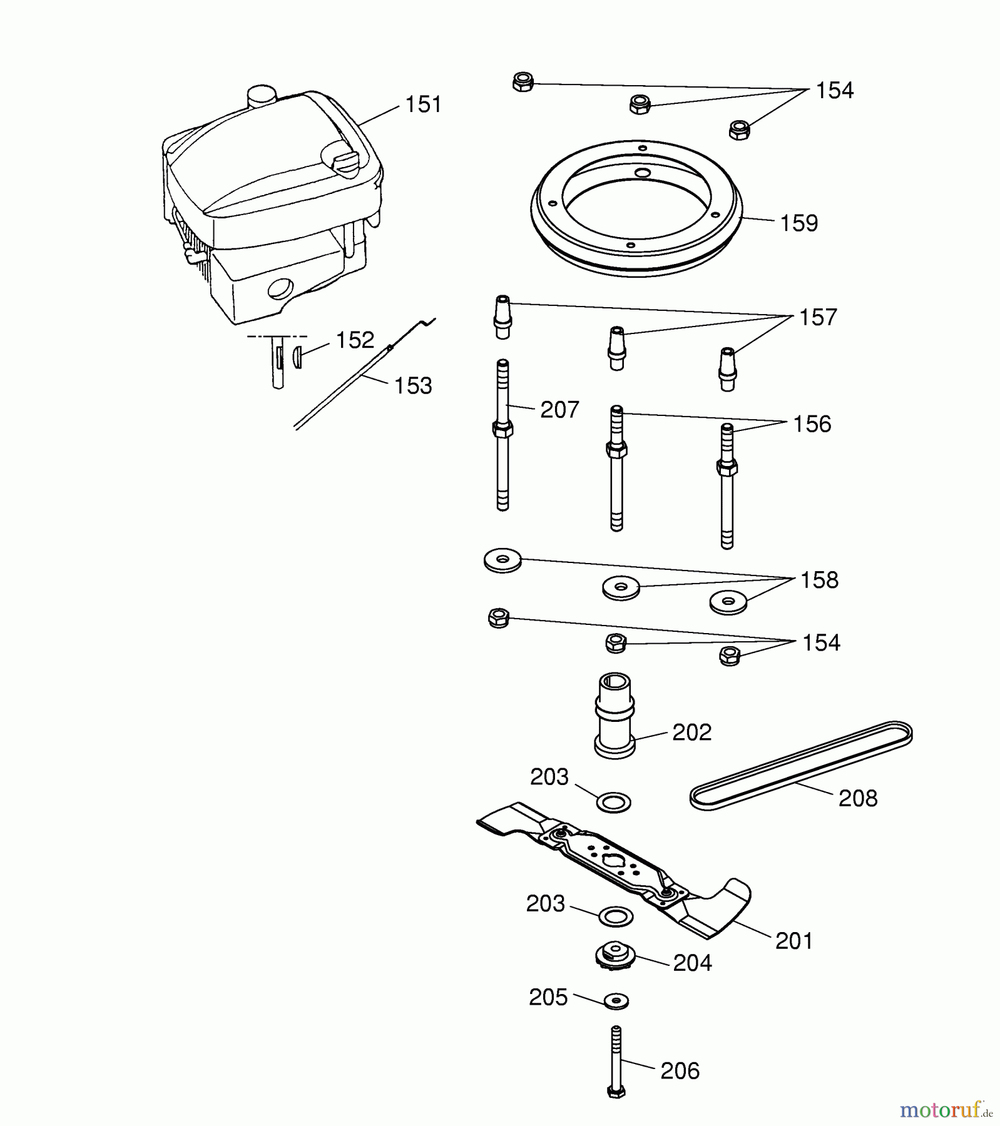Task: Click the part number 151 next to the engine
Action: click(424, 104)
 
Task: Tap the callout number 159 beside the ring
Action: click(799, 223)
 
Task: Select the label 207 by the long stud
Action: click(559, 410)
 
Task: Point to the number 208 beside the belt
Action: click(858, 798)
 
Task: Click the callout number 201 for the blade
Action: click(794, 941)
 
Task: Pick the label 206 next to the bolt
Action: click(680, 1071)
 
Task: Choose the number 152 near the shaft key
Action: click(355, 340)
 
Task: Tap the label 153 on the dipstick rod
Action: click(413, 386)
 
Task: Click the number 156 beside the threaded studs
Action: click(812, 424)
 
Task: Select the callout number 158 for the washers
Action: click(820, 581)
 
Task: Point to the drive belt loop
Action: click(801, 766)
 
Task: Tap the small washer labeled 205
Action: click(616, 1000)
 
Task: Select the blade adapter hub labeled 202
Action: click(615, 716)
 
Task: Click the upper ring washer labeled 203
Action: click(614, 803)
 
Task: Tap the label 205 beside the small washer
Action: click(548, 997)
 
